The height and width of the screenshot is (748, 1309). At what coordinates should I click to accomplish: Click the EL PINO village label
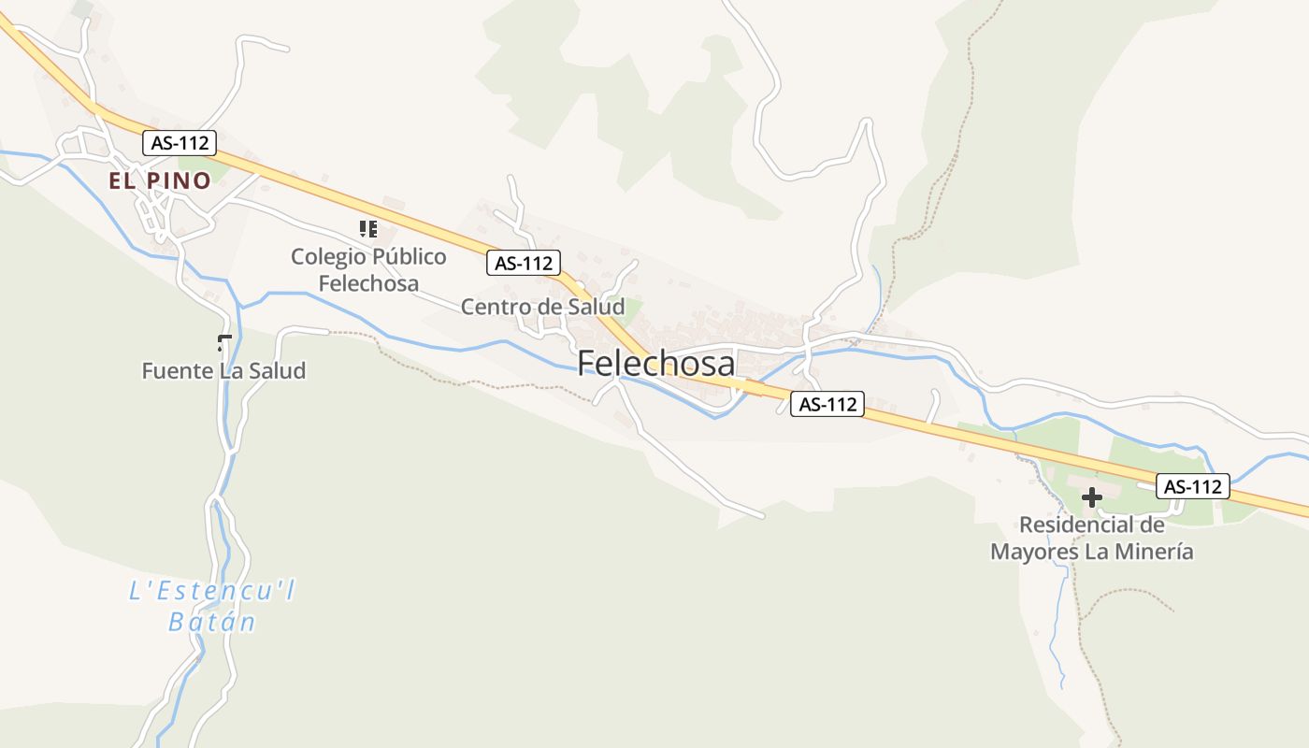click(x=160, y=180)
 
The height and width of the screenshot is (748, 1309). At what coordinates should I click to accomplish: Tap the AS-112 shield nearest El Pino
click(x=180, y=143)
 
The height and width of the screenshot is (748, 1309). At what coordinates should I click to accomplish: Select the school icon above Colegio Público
click(x=367, y=228)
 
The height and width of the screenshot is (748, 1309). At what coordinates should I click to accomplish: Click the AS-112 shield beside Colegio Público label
click(x=524, y=264)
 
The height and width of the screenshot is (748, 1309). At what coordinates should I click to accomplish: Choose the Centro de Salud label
click(x=542, y=307)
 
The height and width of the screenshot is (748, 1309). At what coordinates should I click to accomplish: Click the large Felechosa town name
click(x=655, y=363)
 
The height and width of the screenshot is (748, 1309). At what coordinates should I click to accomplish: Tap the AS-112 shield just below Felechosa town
click(x=827, y=405)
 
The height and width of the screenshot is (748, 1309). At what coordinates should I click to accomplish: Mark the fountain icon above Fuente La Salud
click(x=223, y=342)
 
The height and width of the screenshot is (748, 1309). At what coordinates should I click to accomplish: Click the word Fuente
click(x=177, y=371)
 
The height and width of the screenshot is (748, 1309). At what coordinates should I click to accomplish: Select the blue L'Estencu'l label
click(x=212, y=591)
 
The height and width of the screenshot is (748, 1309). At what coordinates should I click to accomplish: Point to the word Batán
click(x=212, y=622)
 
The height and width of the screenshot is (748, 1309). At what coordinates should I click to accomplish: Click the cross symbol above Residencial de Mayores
click(x=1091, y=497)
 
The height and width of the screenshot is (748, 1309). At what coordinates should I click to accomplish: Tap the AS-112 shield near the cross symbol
click(x=1193, y=486)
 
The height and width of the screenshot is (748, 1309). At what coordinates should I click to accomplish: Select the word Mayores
click(x=1032, y=552)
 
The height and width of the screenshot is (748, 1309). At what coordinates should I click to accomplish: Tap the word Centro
click(x=493, y=307)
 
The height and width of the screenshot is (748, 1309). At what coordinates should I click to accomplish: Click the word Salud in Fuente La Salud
click(x=277, y=371)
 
